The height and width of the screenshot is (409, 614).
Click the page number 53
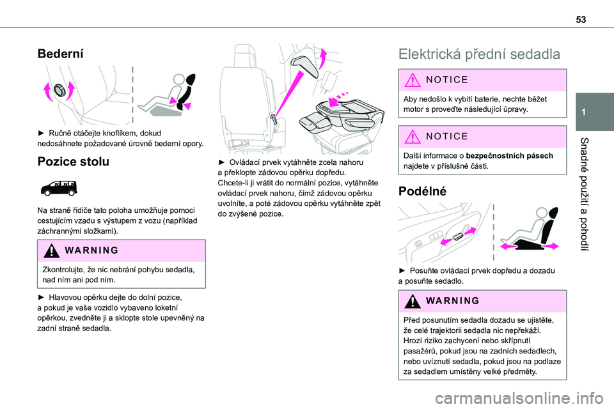pyautogui.click(x=581, y=20)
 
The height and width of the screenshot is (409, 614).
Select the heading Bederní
pyautogui.click(x=60, y=54)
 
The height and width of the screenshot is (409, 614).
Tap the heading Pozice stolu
pyautogui.click(x=73, y=162)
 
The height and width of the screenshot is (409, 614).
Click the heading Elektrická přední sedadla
pyautogui.click(x=479, y=54)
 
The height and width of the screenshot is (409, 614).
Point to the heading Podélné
pyautogui.click(x=422, y=191)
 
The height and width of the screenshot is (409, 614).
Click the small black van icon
pyautogui.click(x=59, y=188)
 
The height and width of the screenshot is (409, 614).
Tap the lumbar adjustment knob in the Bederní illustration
pyautogui.click(x=59, y=90)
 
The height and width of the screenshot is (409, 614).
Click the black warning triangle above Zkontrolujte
pyautogui.click(x=51, y=251)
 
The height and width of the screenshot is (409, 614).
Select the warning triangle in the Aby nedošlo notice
pyautogui.click(x=413, y=81)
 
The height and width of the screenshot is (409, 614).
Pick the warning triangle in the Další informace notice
pyautogui.click(x=413, y=137)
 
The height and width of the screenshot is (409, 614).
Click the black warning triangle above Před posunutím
pyautogui.click(x=413, y=302)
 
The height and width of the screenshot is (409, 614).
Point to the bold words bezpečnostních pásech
pyautogui.click(x=510, y=156)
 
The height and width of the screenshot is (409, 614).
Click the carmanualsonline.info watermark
pyautogui.click(x=519, y=399)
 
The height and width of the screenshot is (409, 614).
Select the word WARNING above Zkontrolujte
pyautogui.click(x=91, y=251)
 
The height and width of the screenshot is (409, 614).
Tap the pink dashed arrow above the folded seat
pyautogui.click(x=338, y=98)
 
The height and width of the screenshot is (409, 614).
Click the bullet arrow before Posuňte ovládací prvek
pyautogui.click(x=402, y=270)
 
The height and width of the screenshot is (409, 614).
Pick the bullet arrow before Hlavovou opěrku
pyautogui.click(x=41, y=297)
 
